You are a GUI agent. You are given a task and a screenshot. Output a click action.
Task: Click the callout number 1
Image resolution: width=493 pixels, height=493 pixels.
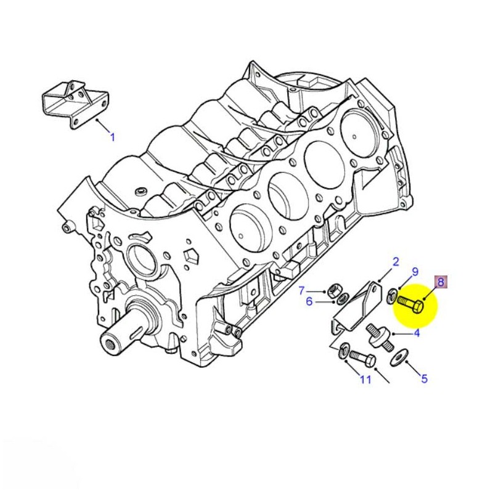[x=112, y=137]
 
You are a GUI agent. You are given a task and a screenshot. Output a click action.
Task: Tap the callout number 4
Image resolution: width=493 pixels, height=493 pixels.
[x=417, y=333]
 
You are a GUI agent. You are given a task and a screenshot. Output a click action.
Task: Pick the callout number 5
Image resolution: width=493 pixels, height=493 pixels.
[x=425, y=379]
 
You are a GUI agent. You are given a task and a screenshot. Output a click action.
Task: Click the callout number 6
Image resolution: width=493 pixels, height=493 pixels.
[x=309, y=301]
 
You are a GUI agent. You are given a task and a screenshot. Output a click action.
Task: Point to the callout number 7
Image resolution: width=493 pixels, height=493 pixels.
[x=302, y=290]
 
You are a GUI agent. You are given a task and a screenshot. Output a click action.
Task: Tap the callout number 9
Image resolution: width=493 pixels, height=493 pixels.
[x=415, y=271]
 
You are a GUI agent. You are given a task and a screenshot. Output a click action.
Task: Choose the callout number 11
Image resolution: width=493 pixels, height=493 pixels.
[x=365, y=379]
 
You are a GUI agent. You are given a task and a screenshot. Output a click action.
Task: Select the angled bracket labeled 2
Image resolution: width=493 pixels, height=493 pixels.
[x=361, y=305]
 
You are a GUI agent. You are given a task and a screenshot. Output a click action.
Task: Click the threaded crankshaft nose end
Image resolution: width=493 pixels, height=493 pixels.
[x=113, y=342]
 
